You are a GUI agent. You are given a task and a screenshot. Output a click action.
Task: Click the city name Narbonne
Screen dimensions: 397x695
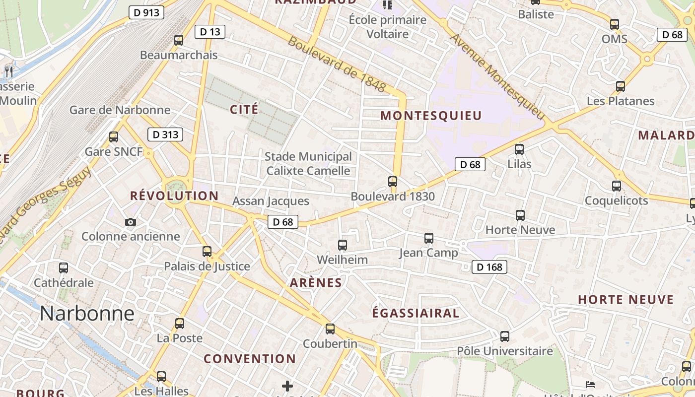click(87, 314)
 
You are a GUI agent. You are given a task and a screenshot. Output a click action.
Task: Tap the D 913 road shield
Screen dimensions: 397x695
click(146, 12)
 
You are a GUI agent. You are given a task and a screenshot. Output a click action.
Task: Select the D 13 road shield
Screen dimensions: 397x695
click(210, 32)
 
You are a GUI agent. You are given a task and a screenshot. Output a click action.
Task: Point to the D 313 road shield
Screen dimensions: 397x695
click(165, 134)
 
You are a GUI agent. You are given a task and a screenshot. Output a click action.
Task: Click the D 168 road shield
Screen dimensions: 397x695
click(489, 267)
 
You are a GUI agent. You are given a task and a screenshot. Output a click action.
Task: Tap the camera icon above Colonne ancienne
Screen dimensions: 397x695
click(131, 222)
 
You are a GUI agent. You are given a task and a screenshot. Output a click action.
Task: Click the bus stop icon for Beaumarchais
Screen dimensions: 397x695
click(179, 40)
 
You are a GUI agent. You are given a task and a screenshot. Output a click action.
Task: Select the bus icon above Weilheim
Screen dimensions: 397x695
click(342, 245)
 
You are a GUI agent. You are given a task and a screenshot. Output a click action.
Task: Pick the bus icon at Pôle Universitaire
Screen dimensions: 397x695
click(505, 336)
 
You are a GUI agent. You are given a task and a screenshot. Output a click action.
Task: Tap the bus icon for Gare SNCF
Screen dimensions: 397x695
click(114, 137)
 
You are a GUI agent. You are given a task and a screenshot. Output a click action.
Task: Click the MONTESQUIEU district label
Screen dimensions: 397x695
click(431, 116)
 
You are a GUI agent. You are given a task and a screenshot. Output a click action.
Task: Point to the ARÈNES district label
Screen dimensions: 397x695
click(316, 283)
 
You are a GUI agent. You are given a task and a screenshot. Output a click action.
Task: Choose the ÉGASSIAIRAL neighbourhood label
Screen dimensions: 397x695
click(416, 313)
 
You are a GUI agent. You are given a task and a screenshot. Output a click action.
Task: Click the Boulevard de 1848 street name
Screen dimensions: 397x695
click(337, 65)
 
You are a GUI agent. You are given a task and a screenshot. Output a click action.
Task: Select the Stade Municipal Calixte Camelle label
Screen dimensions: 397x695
click(308, 164)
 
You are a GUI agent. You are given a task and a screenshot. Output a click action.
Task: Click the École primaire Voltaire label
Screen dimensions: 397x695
click(387, 27)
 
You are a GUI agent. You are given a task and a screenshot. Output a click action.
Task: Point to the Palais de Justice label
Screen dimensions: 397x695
click(207, 266)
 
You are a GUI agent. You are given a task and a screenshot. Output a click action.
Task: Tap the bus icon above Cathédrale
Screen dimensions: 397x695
click(64, 268)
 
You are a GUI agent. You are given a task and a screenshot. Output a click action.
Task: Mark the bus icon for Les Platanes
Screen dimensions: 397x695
click(620, 86)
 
